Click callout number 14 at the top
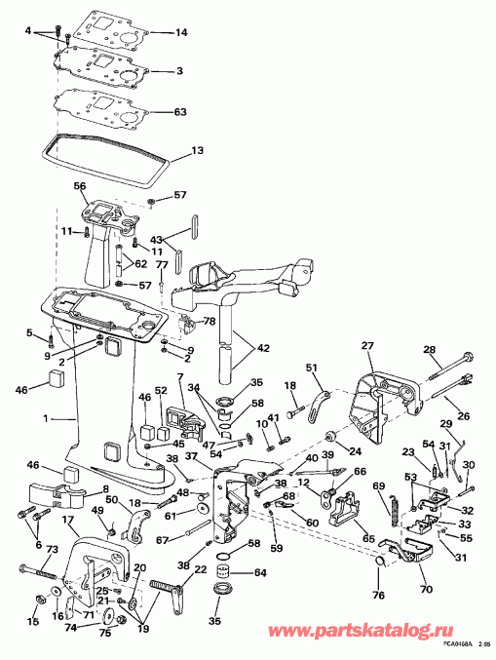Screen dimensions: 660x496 coord(181,33)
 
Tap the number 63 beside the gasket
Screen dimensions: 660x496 coord(181,112)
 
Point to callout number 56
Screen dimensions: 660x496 coord(80,186)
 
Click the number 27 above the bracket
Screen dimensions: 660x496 coord(367,345)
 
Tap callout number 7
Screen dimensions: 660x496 coord(180,377)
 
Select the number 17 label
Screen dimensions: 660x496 coord(67,521)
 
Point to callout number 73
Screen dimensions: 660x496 coord(52,551)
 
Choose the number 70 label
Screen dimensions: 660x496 coord(423,590)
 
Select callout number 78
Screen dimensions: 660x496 coord(208,322)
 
